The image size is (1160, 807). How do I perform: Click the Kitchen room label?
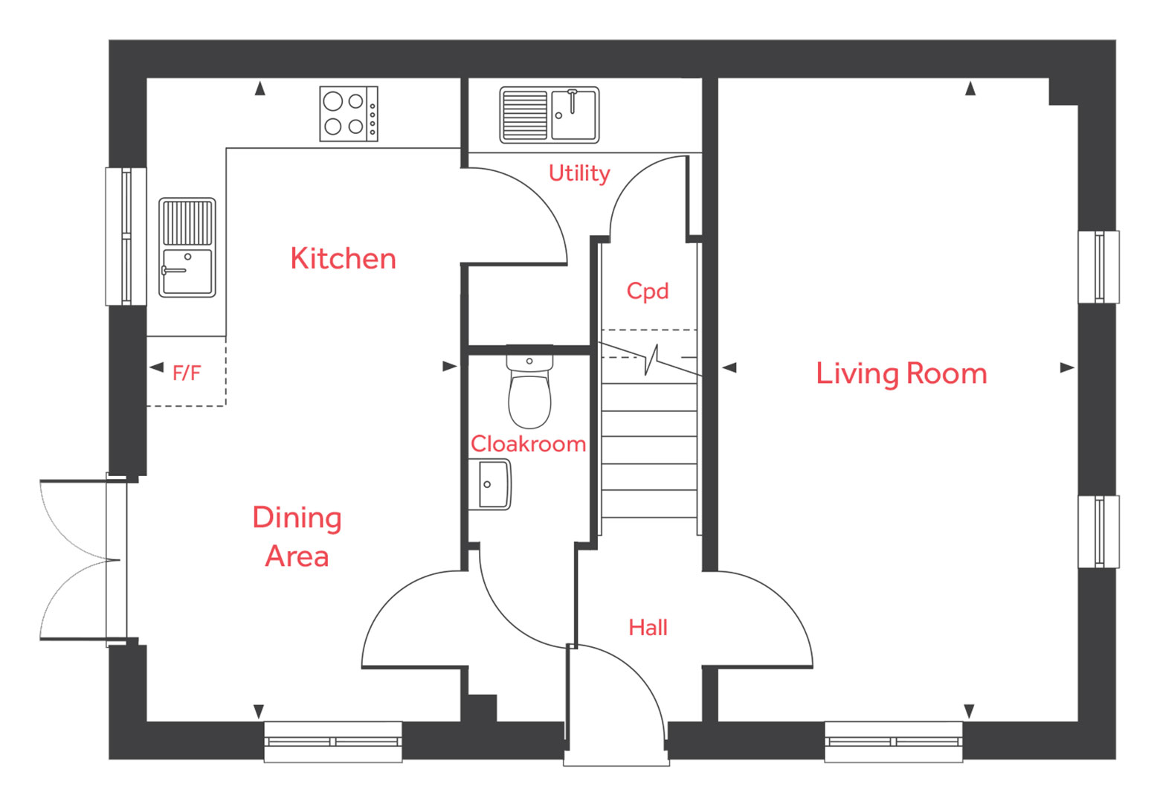[x=343, y=259]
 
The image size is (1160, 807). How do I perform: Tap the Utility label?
[x=579, y=173]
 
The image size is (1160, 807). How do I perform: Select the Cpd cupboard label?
[x=647, y=291]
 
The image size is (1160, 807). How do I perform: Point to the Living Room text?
[x=901, y=373]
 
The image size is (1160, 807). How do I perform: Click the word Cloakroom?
[x=528, y=444]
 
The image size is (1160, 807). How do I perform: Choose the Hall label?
[x=648, y=628]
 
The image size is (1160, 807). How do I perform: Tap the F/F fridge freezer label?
[x=187, y=373]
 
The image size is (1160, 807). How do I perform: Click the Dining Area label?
[x=297, y=536]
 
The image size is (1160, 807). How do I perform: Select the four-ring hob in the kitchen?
[x=349, y=114]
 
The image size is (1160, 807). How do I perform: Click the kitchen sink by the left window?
[x=187, y=247]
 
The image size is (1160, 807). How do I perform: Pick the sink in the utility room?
[x=549, y=115]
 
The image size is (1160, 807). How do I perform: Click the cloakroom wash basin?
[x=490, y=484]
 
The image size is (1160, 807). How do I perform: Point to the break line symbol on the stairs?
[x=651, y=359]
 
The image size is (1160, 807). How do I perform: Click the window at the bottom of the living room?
[x=893, y=741]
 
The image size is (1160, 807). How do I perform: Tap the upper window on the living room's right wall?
[x=1098, y=266]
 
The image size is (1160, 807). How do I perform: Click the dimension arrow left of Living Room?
[x=729, y=367]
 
